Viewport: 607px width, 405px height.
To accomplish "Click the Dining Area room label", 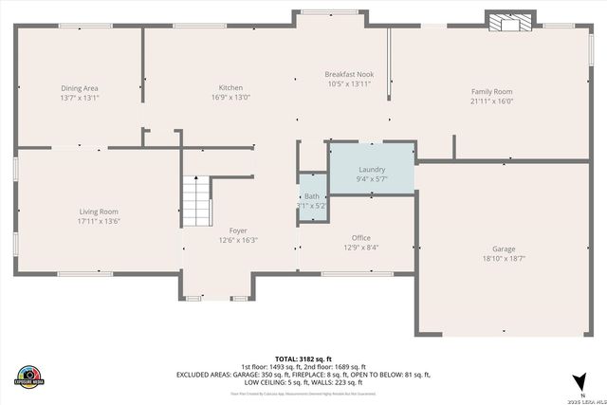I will click(x=80, y=88).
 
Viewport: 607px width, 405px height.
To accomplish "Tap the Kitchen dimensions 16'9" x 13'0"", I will click(x=231, y=97).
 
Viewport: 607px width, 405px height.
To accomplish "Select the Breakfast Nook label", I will click(x=349, y=74).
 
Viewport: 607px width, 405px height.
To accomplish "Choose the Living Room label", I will click(x=98, y=212).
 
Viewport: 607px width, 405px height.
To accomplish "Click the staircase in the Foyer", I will click(x=194, y=199).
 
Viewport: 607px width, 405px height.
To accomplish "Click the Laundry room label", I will click(x=371, y=168).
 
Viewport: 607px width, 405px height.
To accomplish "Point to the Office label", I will click(x=360, y=238).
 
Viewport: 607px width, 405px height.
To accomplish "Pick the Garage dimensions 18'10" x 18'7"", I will click(x=503, y=258).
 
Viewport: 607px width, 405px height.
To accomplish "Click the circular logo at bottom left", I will click(x=29, y=376).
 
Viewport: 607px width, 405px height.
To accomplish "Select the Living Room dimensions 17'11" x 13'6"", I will click(x=98, y=221).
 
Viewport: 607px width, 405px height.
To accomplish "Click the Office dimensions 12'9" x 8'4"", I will click(x=360, y=248).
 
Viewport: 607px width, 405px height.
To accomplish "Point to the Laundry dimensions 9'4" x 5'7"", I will click(x=371, y=178).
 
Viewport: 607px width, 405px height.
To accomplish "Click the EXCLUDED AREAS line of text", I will click(x=303, y=375).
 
